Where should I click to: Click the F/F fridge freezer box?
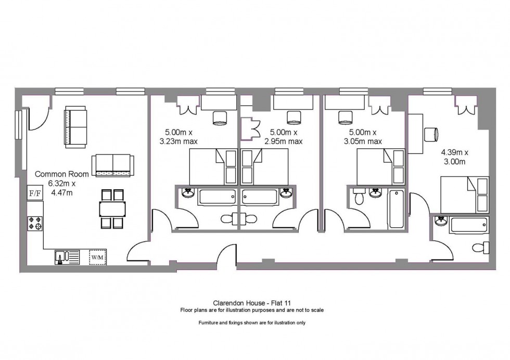(35, 193)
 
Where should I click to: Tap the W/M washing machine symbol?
(98, 257)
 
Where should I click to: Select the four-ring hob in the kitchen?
(35, 223)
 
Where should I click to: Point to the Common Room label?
(62, 174)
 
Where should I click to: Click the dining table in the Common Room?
(112, 209)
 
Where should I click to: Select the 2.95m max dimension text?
(284, 142)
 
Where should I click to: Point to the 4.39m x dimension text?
(455, 152)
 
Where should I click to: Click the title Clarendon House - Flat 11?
(252, 303)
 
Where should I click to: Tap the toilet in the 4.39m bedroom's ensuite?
(481, 248)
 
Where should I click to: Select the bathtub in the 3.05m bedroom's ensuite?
(396, 209)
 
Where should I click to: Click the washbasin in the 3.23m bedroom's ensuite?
(188, 193)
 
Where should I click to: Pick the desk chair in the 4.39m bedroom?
(431, 134)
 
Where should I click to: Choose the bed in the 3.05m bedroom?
(381, 167)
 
